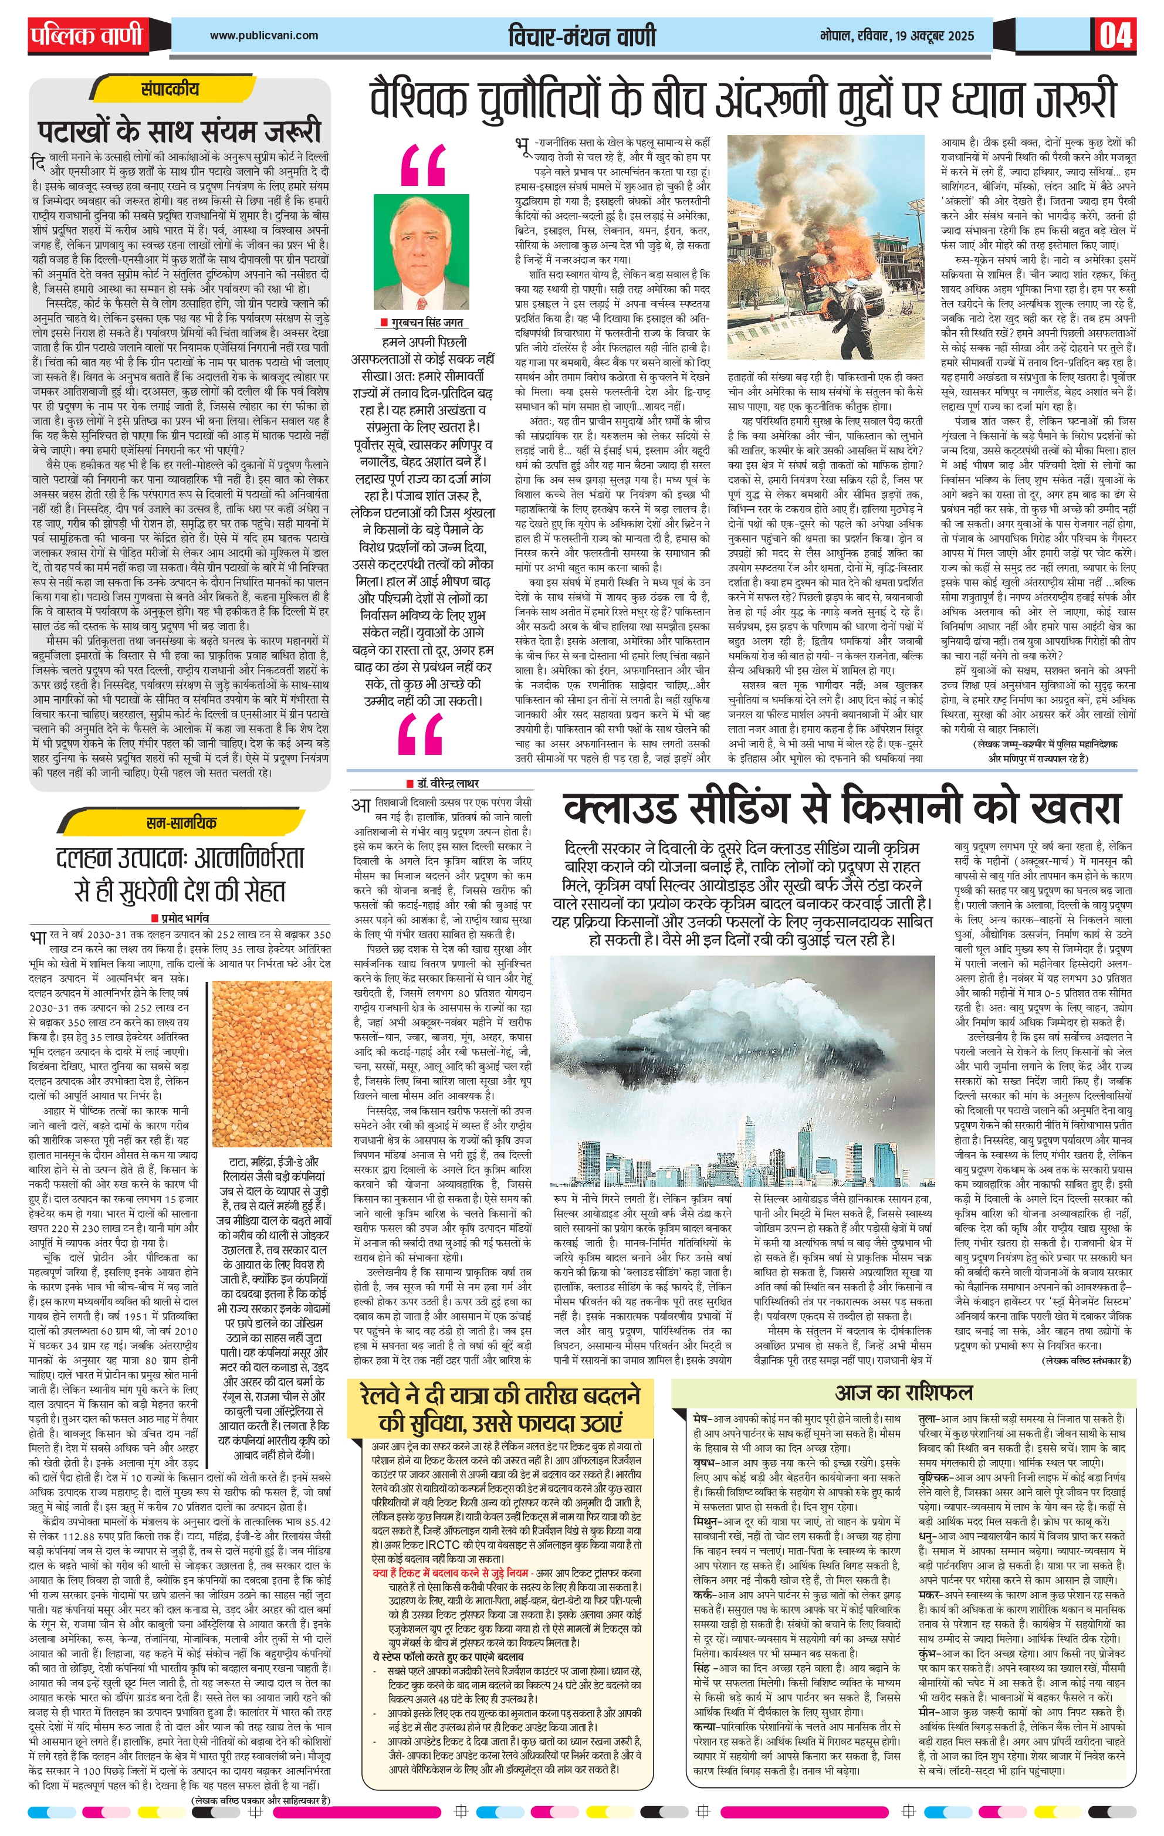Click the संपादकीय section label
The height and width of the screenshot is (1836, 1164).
tap(170, 89)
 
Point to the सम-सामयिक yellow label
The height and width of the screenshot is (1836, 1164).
tap(181, 823)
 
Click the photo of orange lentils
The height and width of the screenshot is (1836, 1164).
tap(271, 1061)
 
